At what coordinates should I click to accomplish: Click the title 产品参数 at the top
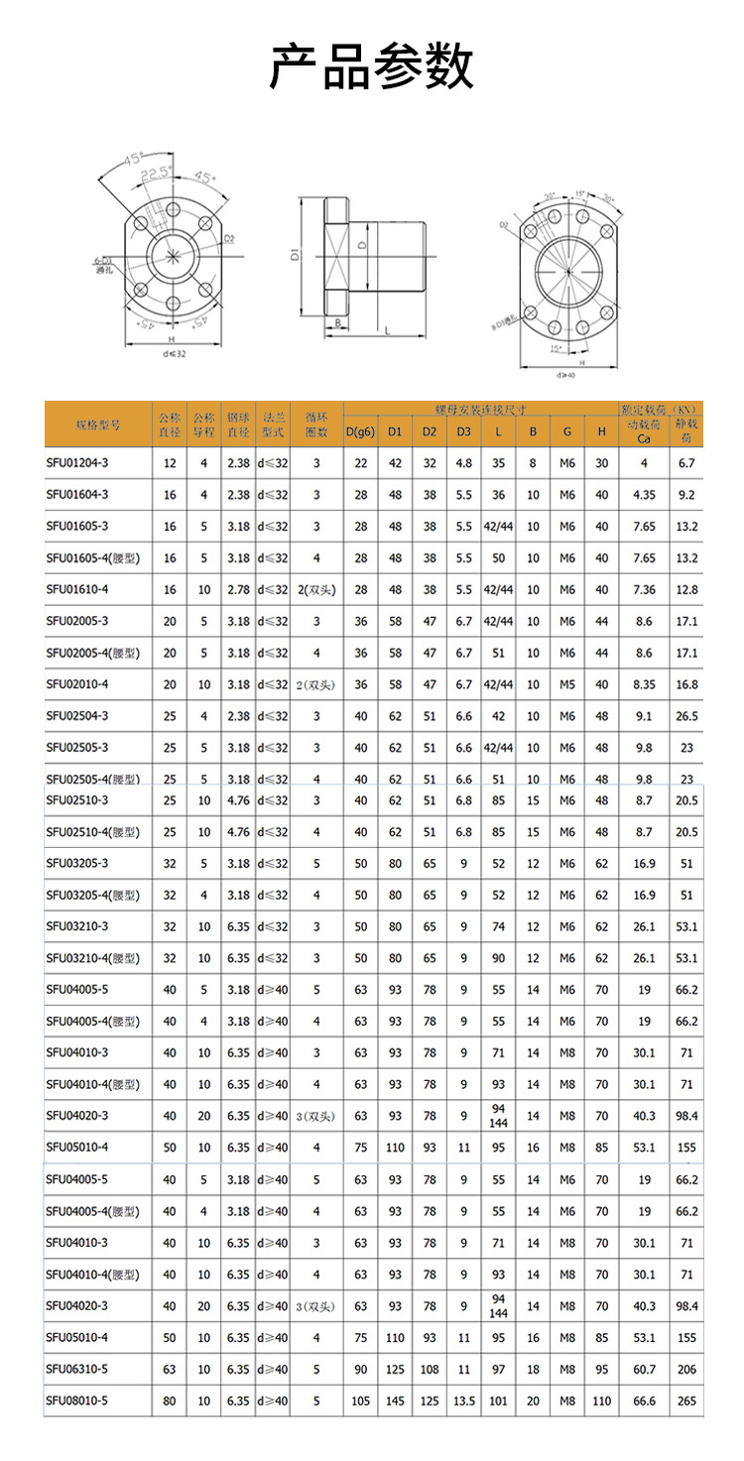pyautogui.click(x=372, y=67)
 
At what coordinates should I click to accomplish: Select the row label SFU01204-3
pyautogui.click(x=77, y=463)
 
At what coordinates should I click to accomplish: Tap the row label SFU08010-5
pyautogui.click(x=77, y=1400)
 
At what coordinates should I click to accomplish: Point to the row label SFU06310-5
pyautogui.click(x=77, y=1369)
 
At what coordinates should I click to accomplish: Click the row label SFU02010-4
pyautogui.click(x=77, y=684)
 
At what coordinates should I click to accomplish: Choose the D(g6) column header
pyautogui.click(x=360, y=431)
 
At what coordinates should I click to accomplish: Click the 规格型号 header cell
pyautogui.click(x=97, y=425)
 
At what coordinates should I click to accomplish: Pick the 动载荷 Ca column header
pyautogui.click(x=644, y=431)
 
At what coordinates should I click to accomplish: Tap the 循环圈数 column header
pyautogui.click(x=316, y=425)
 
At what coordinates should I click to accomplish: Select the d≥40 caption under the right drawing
pyautogui.click(x=566, y=375)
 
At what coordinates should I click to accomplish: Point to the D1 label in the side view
pyautogui.click(x=297, y=256)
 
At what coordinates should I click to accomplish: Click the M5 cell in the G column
pyautogui.click(x=566, y=684)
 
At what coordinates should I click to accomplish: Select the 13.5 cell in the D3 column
pyautogui.click(x=464, y=1400)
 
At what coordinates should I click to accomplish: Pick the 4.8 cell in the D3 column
pyautogui.click(x=464, y=463)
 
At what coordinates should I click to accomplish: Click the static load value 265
pyautogui.click(x=686, y=1400)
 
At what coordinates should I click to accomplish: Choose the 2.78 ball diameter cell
pyautogui.click(x=238, y=589)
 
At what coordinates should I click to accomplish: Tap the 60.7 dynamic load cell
pyautogui.click(x=644, y=1369)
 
